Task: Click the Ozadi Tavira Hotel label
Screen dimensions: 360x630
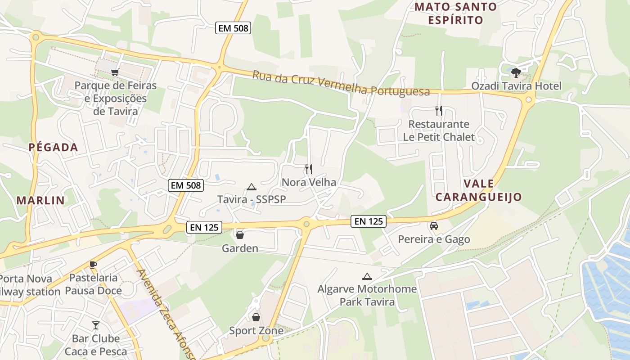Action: coord(516,85)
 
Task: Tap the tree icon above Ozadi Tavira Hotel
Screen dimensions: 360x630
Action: coord(516,72)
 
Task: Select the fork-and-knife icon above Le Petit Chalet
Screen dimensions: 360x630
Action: coord(439,110)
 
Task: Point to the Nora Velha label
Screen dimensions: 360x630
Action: coord(309,182)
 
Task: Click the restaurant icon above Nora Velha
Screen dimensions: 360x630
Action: coord(309,169)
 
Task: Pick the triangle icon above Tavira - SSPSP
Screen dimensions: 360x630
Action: coord(251,187)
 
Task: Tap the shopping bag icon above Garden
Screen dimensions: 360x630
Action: coord(240,235)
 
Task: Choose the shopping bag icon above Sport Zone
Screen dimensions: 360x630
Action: coord(256,318)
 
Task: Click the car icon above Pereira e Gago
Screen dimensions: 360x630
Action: coord(434,226)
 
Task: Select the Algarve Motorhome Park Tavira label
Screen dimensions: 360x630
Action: coord(367,295)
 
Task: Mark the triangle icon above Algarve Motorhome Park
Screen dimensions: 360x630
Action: coord(367,277)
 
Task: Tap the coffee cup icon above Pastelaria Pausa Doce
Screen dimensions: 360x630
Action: coord(93,265)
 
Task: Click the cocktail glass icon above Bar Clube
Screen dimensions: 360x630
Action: coord(96,325)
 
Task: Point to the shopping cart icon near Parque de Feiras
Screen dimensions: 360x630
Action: coord(115,72)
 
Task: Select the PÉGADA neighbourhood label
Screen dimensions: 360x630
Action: coord(53,147)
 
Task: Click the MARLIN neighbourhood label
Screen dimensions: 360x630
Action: coord(40,200)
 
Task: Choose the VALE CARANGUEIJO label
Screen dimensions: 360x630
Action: coord(478,190)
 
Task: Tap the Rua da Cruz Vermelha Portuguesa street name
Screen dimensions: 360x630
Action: coord(341,83)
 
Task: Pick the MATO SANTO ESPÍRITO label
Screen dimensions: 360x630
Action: coord(455,13)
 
